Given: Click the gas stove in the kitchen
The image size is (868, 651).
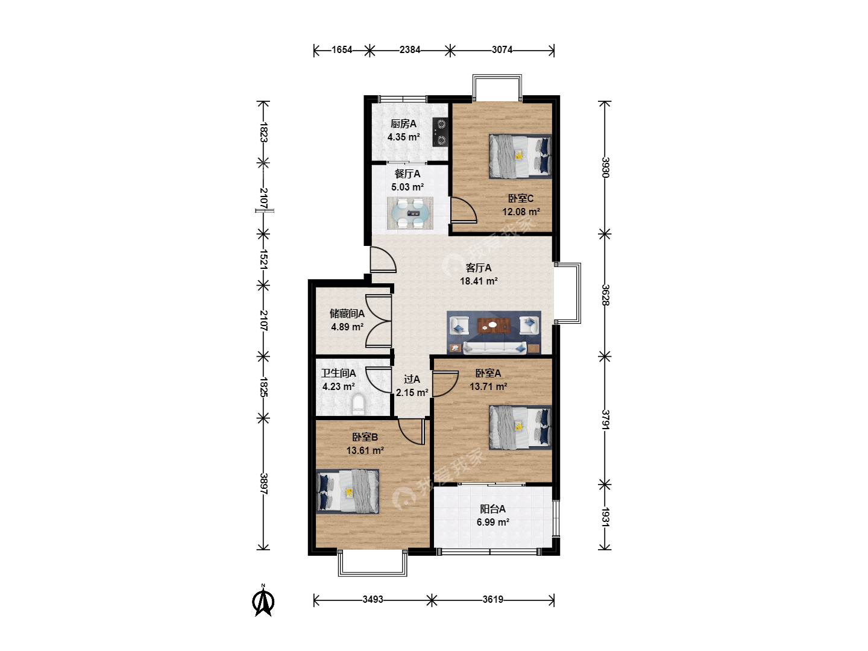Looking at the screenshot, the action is tap(440, 133).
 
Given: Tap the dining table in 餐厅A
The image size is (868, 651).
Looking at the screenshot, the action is tap(410, 213).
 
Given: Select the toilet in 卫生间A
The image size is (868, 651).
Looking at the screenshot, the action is tap(358, 404).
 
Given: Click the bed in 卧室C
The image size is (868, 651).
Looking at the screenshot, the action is tap(520, 157).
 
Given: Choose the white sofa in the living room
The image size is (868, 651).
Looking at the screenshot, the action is tap(495, 347).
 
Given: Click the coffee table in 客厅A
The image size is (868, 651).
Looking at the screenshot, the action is tap(494, 325).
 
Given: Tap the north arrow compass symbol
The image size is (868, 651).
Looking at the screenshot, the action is tap(263, 600).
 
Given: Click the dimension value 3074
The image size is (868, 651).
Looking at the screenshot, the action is tap(502, 50).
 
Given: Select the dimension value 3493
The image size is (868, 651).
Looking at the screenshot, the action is tap(373, 600).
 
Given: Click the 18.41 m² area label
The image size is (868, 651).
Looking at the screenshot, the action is tap(479, 281).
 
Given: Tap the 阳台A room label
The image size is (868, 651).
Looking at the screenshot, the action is tap(492, 509).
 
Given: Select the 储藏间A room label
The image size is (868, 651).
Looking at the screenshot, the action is tap(347, 313).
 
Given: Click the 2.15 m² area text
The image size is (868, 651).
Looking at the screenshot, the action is tap(412, 392).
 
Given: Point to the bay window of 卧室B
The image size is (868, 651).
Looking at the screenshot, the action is tap(373, 563).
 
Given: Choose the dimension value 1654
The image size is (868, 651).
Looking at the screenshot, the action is tap(342, 50).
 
